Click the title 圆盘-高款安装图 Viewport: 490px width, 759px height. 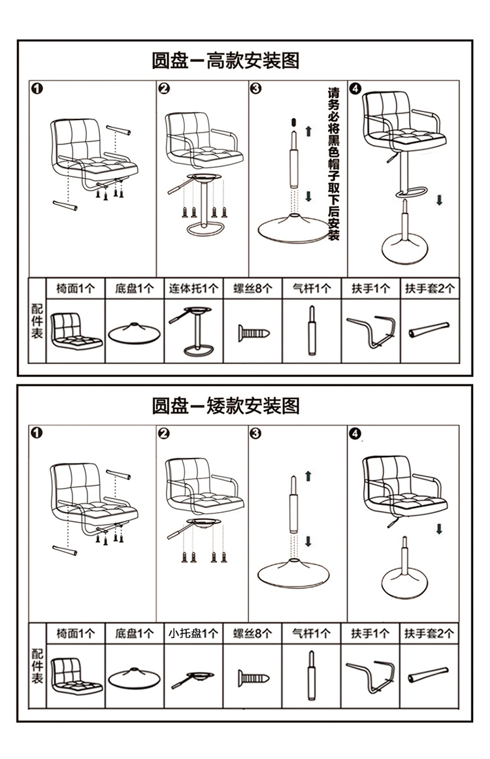click(225, 61)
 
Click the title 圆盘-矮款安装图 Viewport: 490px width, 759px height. click(225, 406)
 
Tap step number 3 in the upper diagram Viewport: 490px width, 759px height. click(255, 89)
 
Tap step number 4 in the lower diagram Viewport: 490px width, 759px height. click(355, 433)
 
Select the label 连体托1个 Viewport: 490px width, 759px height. click(193, 288)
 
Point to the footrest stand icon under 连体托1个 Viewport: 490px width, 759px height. click(193, 330)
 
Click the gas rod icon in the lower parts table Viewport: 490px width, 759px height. click(311, 677)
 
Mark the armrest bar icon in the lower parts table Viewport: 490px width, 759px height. click(370, 677)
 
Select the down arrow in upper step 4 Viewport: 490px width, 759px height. click(440, 200)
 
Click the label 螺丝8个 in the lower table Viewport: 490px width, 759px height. click(252, 633)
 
